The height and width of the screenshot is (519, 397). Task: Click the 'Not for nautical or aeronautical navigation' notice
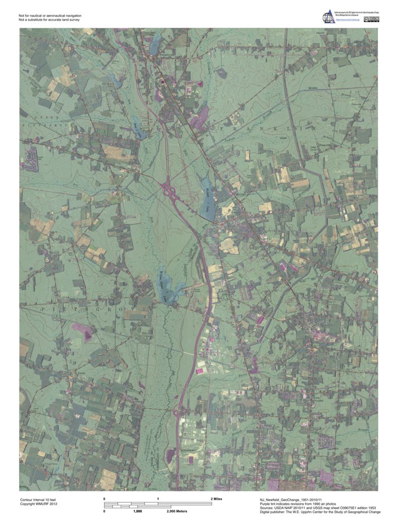tap(50, 16)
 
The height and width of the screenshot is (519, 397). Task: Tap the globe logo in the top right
tap(329, 17)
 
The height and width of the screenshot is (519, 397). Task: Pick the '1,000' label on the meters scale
tap(137, 511)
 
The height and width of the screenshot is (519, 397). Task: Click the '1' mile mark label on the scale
tap(158, 498)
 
